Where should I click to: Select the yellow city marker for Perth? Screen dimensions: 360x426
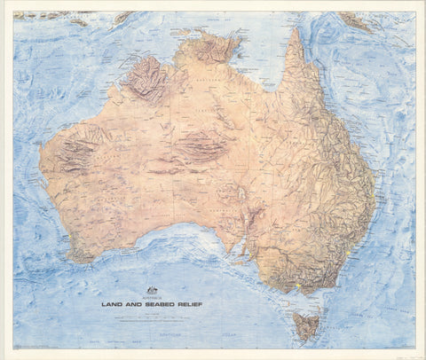[58, 219]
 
